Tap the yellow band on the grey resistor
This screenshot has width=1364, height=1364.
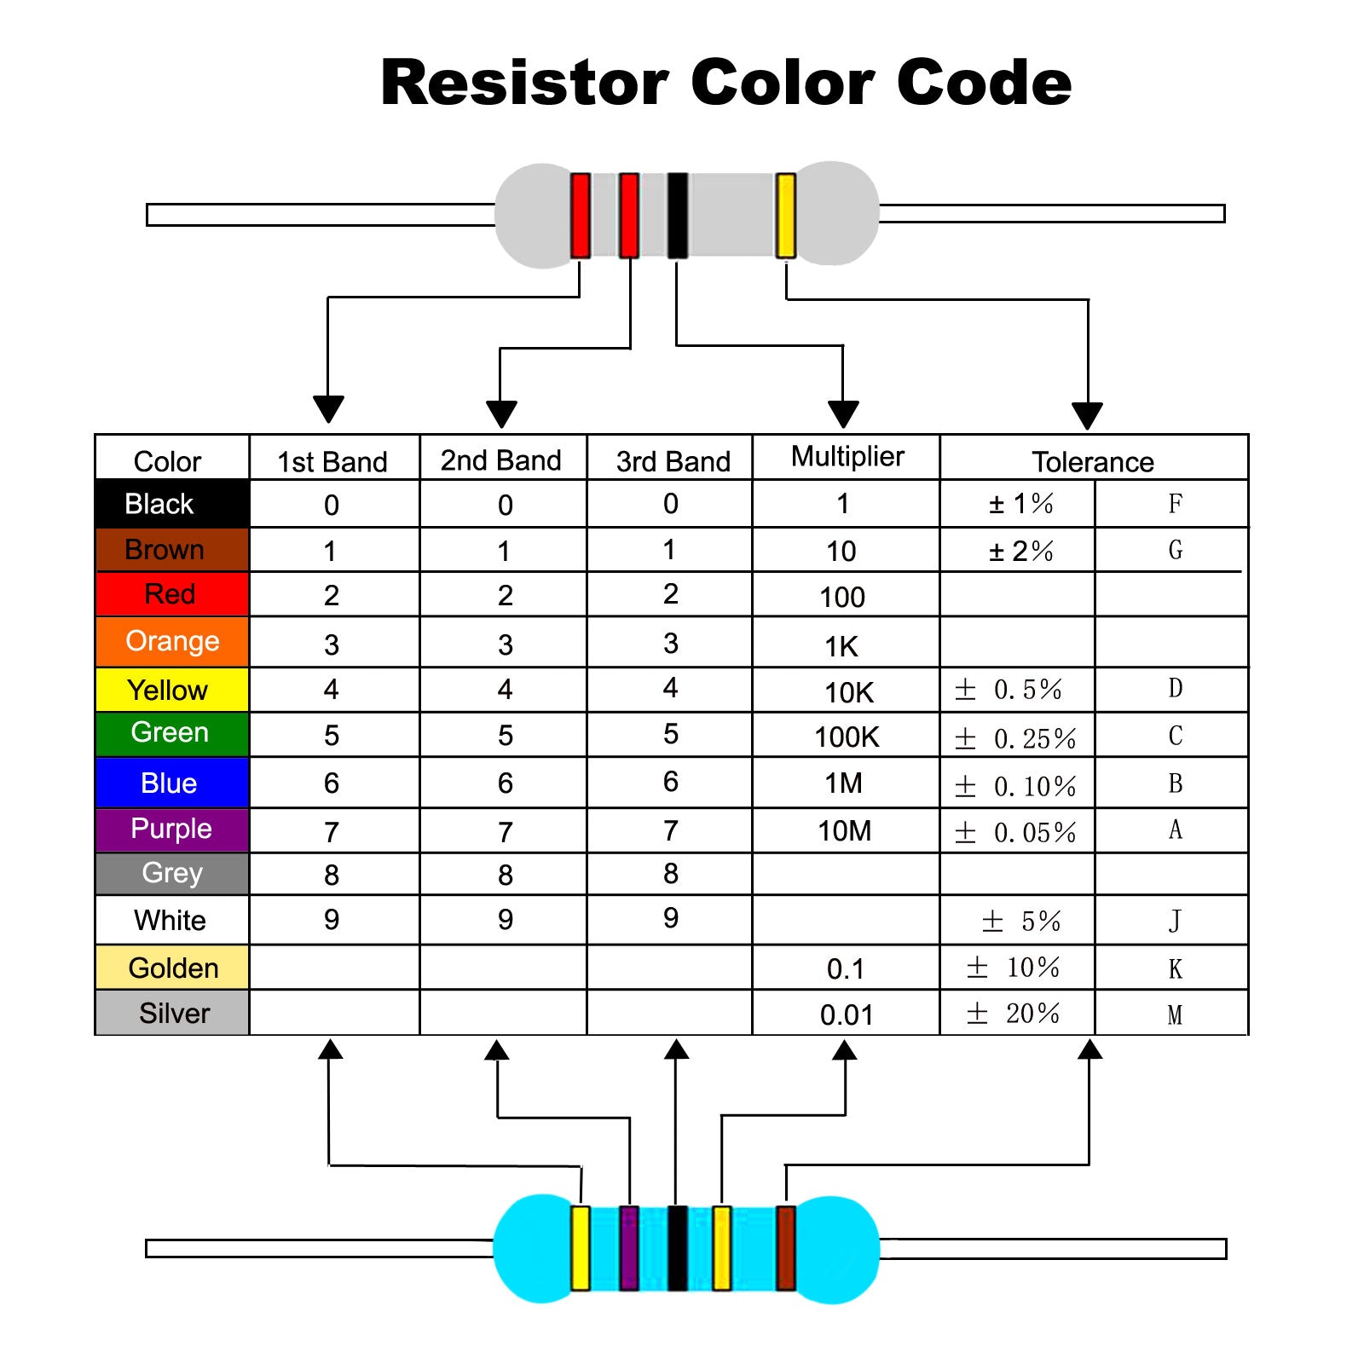[785, 215]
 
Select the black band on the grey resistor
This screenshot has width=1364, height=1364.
[678, 215]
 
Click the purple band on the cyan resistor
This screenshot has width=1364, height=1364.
[629, 1247]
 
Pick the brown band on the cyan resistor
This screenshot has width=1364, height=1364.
[785, 1247]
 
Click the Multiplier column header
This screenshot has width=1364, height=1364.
[847, 457]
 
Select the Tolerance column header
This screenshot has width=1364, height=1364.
[1093, 462]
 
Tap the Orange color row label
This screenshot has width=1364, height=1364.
[172, 641]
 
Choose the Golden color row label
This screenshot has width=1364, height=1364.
[173, 968]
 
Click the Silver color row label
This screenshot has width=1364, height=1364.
[174, 1014]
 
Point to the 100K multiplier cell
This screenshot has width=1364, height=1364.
[847, 737]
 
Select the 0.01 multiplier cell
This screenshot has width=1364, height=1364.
[847, 1015]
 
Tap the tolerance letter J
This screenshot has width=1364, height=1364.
[1175, 921]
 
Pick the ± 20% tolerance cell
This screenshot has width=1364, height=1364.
[1014, 1014]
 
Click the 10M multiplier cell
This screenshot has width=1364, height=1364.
[844, 831]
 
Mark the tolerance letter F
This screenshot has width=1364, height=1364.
[1175, 504]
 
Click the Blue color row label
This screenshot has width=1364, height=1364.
[169, 783]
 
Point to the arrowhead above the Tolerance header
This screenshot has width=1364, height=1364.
[1088, 416]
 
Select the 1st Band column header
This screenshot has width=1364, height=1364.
[332, 462]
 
